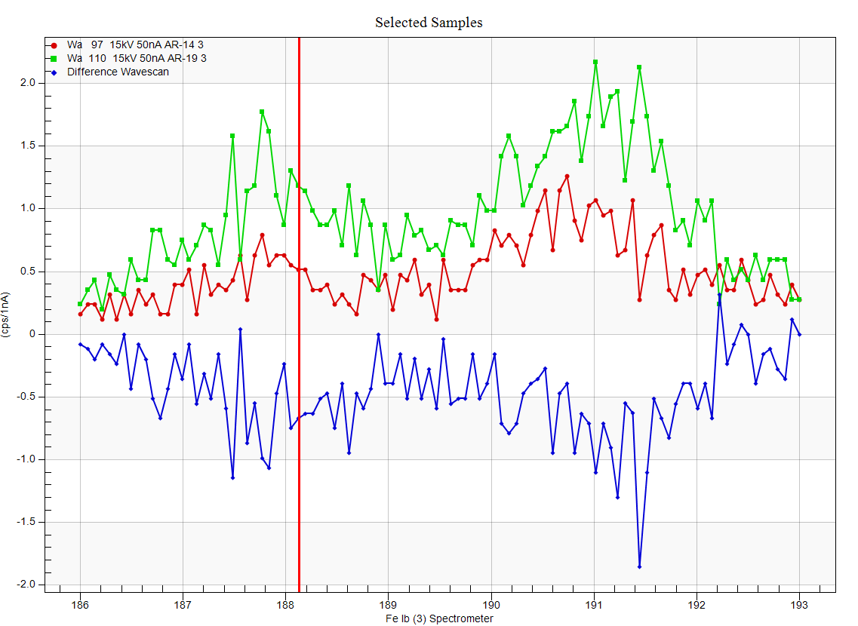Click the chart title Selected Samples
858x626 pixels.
click(x=429, y=23)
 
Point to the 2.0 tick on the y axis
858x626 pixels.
click(x=27, y=83)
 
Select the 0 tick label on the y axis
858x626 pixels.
click(x=31, y=334)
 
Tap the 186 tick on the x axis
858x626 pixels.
click(x=80, y=604)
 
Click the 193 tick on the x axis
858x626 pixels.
click(x=799, y=604)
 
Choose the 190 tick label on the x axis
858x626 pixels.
click(x=491, y=604)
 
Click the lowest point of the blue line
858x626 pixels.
click(x=639, y=566)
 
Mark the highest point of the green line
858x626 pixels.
click(x=595, y=62)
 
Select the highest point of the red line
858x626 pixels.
click(x=567, y=176)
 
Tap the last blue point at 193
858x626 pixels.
click(x=799, y=334)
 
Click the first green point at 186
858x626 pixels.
click(x=80, y=304)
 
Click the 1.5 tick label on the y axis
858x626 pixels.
click(x=27, y=146)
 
